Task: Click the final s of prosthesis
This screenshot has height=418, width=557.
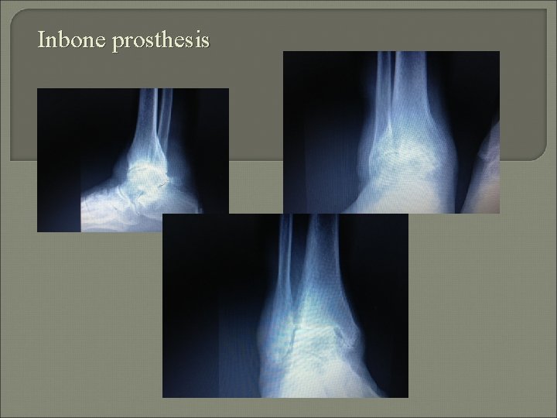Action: (204, 42)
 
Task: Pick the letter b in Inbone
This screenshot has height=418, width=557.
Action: (67, 39)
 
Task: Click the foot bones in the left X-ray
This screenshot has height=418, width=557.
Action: (116, 209)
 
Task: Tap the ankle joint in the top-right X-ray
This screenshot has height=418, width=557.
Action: (402, 159)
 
